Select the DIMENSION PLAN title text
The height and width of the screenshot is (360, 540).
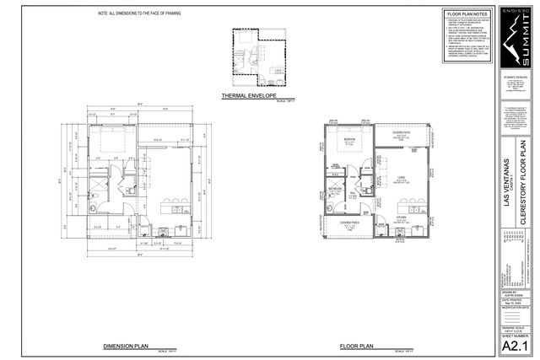click(127, 346)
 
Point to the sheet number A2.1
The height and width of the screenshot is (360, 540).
click(516, 346)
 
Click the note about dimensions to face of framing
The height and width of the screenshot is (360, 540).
click(139, 14)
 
